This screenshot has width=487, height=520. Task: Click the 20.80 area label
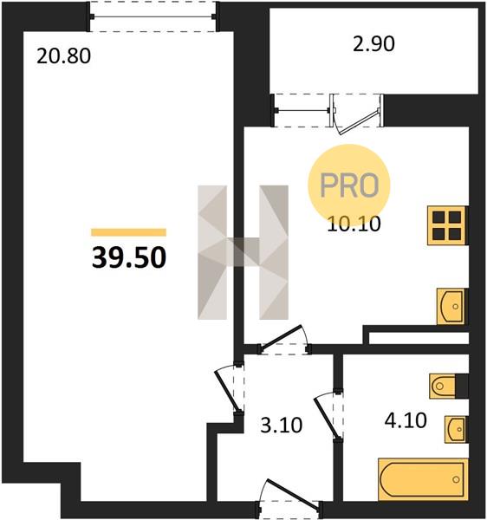pos(63,55)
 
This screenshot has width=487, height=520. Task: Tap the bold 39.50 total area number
pos(129,257)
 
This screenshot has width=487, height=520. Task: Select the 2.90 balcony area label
pos(373,44)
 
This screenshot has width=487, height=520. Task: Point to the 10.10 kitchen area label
pos(354,224)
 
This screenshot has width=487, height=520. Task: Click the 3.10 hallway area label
pos(281,426)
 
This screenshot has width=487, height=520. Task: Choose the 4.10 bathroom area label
pos(406,420)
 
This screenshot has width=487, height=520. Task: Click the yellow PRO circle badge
pos(349,185)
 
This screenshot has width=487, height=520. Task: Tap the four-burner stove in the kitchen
pos(447,225)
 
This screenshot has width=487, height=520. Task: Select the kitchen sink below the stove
pos(451,306)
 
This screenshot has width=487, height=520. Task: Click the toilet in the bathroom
pos(448,386)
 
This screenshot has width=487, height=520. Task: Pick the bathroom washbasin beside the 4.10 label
pos(456,429)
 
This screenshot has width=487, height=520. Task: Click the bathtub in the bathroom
pos(423,479)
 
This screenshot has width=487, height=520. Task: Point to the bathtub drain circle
pos(456,479)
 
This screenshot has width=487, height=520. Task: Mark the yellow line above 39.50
pos(128,232)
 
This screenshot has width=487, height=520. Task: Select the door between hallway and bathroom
pos(329,417)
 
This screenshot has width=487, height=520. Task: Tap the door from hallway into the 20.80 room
pos(230,388)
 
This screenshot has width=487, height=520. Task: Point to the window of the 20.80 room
pos(153,16)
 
